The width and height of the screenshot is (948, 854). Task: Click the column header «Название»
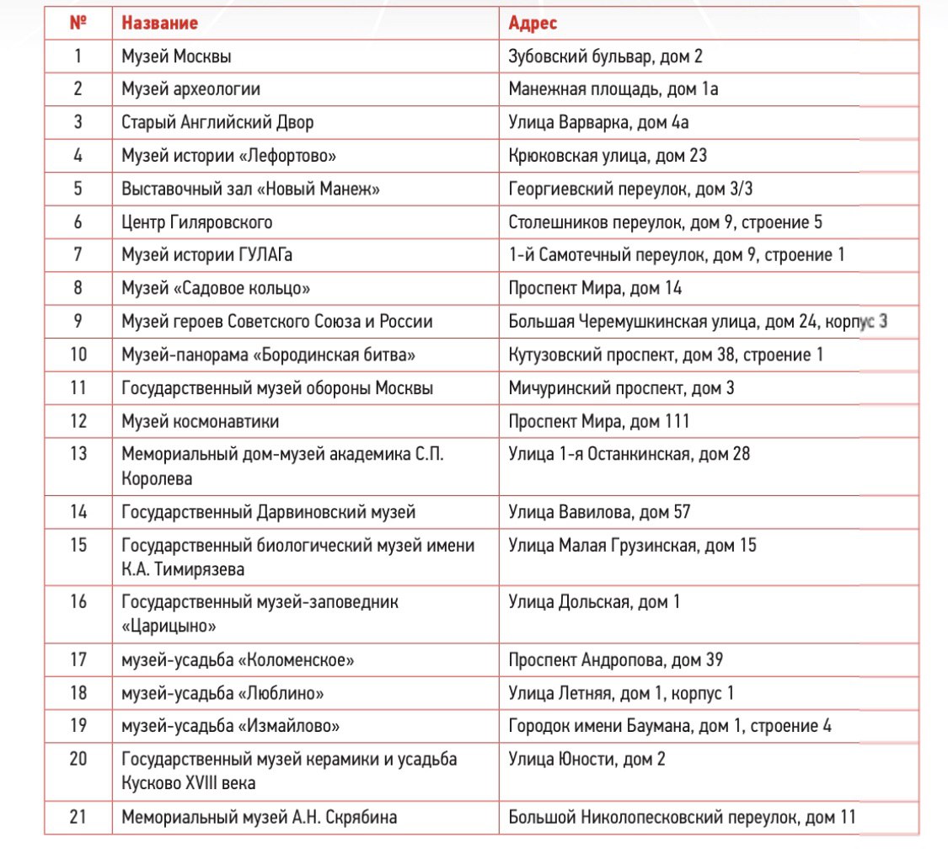click(160, 24)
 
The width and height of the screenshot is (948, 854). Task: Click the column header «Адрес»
click(533, 24)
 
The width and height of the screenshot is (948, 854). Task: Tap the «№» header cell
click(78, 24)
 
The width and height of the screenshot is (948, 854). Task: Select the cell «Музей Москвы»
click(176, 57)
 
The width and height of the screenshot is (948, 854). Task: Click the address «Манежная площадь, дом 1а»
click(613, 89)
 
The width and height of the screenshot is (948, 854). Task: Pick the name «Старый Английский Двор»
click(217, 122)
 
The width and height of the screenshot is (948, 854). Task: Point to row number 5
click(78, 189)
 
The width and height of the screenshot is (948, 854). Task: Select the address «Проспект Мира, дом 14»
click(595, 288)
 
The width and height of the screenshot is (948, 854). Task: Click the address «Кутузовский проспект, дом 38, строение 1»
click(666, 355)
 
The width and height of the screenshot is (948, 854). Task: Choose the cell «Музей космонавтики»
click(200, 420)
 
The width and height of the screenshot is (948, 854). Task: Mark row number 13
click(78, 454)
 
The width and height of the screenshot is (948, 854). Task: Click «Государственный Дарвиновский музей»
click(268, 512)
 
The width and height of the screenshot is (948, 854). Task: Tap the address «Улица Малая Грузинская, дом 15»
click(633, 545)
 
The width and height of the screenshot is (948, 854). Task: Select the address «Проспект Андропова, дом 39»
click(615, 660)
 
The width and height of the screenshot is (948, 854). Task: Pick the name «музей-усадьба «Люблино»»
click(222, 693)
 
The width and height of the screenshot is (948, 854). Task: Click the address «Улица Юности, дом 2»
click(587, 759)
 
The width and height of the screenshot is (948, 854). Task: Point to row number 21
click(78, 816)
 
